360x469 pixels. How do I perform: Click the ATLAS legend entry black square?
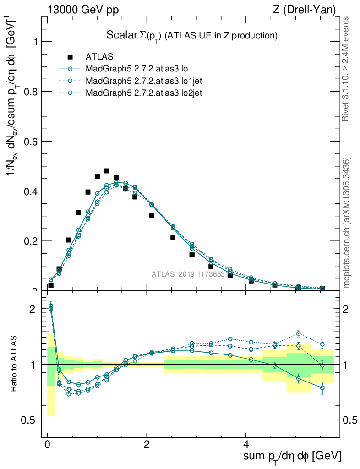tap(70, 57)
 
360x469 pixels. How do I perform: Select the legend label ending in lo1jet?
tap(144, 81)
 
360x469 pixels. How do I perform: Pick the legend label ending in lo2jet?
tap(144, 93)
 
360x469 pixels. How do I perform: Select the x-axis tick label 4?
tap(245, 445)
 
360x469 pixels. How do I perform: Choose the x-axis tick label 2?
tap(147, 445)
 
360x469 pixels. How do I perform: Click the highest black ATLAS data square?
tap(107, 171)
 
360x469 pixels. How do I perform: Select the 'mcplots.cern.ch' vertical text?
tap(347, 222)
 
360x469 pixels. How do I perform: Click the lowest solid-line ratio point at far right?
tap(322, 388)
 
